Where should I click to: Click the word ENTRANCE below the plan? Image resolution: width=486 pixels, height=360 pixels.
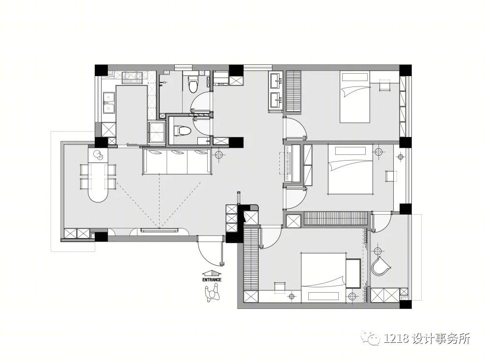pyautogui.click(x=212, y=279)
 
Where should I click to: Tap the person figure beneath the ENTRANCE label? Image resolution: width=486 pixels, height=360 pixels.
pyautogui.click(x=212, y=293)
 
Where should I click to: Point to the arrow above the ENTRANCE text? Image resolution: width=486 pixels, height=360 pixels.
pyautogui.click(x=212, y=273)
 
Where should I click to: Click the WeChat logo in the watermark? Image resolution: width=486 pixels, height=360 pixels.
pyautogui.click(x=375, y=339)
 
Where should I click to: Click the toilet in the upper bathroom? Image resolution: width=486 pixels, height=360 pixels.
pyautogui.click(x=193, y=83)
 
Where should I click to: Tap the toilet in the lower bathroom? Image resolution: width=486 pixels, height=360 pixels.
pyautogui.click(x=182, y=131)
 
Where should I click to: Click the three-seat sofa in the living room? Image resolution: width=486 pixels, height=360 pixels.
pyautogui.click(x=177, y=161)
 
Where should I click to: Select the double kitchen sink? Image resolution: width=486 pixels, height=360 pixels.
pyautogui.click(x=108, y=103)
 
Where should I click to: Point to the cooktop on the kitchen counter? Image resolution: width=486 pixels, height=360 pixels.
pyautogui.click(x=133, y=78)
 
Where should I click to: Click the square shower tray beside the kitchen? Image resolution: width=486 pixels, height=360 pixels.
pyautogui.click(x=157, y=133)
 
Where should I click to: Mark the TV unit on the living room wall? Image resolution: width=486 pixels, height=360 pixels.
pyautogui.click(x=160, y=230)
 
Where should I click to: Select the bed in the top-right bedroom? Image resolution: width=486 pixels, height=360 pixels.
pyautogui.click(x=355, y=97)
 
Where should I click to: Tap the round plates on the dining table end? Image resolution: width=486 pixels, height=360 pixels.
pyautogui.click(x=99, y=155)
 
